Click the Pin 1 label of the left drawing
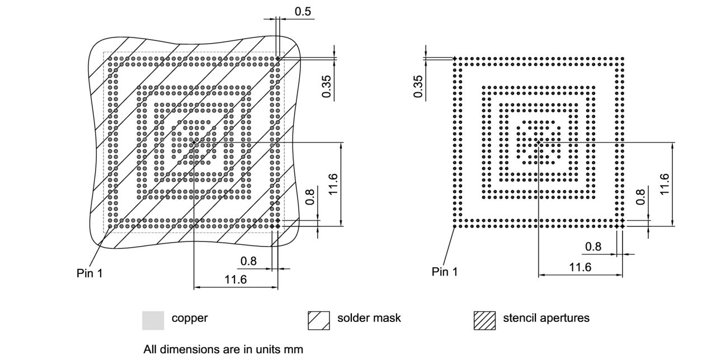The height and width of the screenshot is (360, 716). pos(89,273)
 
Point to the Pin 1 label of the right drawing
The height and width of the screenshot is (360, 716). pos(445,272)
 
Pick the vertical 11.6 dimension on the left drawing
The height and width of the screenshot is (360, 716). pos(333,184)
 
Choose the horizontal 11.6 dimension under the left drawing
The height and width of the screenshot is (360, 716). pos(235,280)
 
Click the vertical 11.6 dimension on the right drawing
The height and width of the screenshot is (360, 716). pos(665,184)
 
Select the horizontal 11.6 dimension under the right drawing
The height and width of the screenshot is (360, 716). pos(580,267)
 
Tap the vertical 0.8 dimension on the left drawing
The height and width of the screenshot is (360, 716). pos(311,197)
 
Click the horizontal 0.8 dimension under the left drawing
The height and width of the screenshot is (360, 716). pos(249,261)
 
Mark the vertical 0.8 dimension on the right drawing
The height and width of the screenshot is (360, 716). pos(641,197)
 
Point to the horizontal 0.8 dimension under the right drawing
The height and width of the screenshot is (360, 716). pos(593,247)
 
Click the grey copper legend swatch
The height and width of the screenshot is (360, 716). pos(153,320)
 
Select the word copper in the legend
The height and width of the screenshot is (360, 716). pos(189,318)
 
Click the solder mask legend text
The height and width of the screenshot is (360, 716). pos(369,318)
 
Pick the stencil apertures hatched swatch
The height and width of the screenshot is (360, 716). pos(484,320)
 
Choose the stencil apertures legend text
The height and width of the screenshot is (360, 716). pos(546,318)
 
